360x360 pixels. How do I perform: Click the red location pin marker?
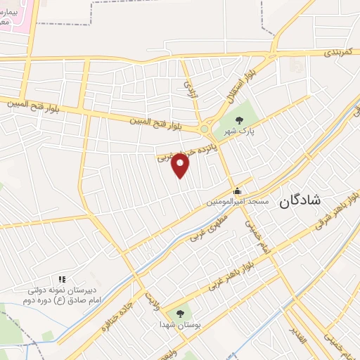[x=181, y=166]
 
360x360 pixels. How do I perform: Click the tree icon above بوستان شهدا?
[x=180, y=313]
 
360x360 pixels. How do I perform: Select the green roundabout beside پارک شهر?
[x=205, y=129]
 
